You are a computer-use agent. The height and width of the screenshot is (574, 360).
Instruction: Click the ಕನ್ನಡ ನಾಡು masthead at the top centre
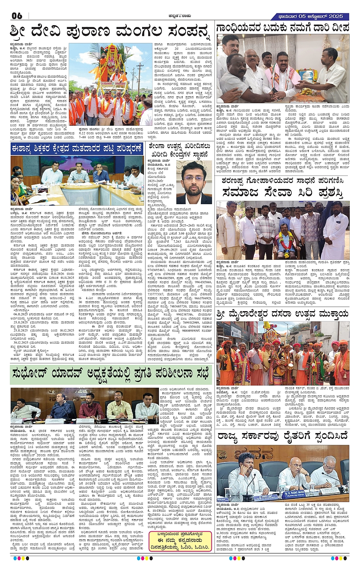(180, 16)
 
